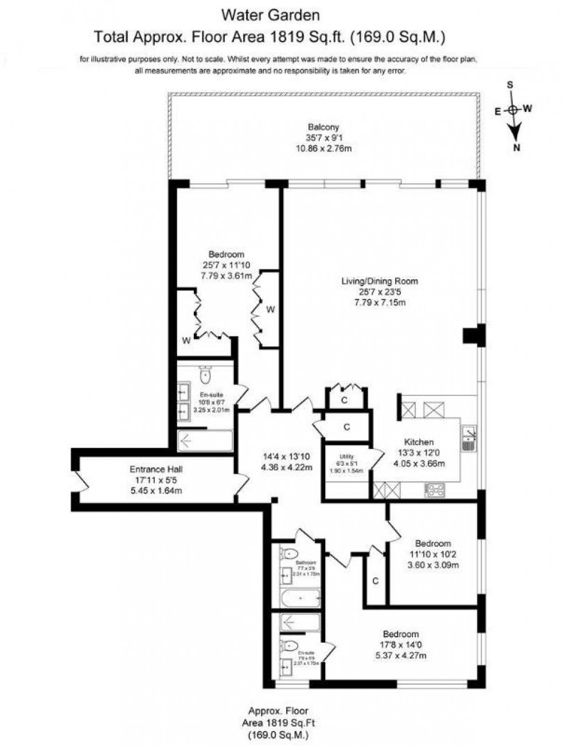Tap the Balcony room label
323,127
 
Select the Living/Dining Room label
380,281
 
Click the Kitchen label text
419,442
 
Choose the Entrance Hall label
156,469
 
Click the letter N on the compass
517,148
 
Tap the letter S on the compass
509,85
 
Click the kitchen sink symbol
469,438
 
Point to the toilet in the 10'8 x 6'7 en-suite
205,376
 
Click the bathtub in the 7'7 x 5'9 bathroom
300,599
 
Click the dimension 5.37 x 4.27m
401,656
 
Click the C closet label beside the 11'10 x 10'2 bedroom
376,581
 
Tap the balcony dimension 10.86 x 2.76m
323,149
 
